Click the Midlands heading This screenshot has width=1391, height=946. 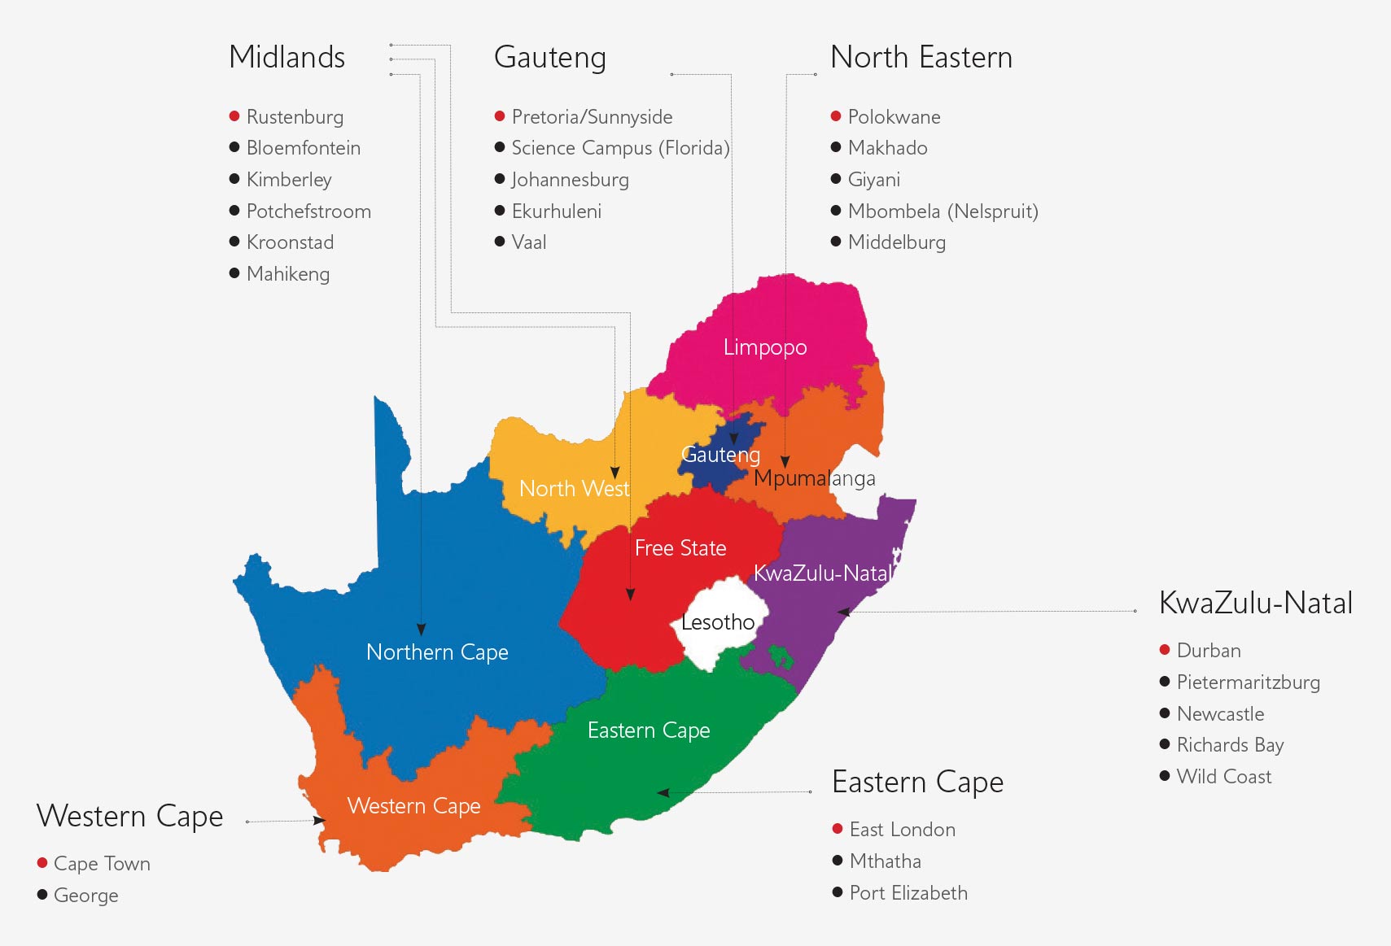287,58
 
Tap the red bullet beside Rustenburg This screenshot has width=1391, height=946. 234,116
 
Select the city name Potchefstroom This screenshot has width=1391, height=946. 308,211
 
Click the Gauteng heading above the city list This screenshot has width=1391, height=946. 549,58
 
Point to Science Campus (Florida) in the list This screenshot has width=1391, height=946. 620,148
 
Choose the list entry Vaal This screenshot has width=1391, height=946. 529,242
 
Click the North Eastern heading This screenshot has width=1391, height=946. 921,58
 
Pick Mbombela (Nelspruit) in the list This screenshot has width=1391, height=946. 943,211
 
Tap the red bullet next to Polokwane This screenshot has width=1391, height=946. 835,116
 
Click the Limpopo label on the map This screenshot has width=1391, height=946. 764,347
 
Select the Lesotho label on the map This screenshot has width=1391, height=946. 717,622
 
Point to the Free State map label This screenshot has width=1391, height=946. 680,548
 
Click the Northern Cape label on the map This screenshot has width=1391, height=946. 437,652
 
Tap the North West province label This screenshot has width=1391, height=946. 574,489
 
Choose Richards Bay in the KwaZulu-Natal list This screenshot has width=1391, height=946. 1230,745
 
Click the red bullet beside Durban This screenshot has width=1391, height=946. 1165,650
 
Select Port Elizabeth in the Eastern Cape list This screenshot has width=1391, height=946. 908,893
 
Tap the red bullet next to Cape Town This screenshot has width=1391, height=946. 42,863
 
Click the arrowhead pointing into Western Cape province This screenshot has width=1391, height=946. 320,821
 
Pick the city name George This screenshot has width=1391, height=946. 85,896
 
